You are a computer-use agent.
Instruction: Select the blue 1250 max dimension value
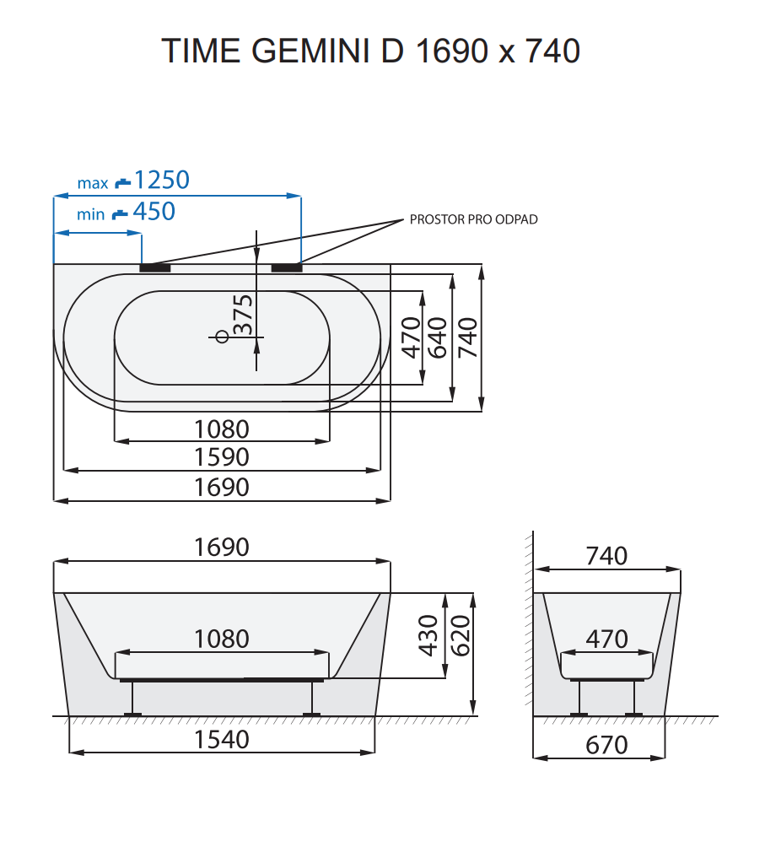tap(162, 180)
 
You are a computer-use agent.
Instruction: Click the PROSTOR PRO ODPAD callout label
tap(473, 219)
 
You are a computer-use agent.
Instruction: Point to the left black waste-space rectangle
tap(155, 268)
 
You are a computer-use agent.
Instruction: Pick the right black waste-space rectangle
tap(287, 268)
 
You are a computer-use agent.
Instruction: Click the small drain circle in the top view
tap(222, 337)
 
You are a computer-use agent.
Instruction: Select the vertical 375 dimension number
tap(243, 315)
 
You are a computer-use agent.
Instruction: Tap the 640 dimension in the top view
tap(438, 337)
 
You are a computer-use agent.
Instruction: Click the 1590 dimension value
tap(222, 457)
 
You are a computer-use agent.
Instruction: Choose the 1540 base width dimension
tap(222, 740)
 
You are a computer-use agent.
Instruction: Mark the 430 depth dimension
tap(429, 635)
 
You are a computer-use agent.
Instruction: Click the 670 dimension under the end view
tap(606, 745)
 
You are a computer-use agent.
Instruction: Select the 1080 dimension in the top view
tap(222, 429)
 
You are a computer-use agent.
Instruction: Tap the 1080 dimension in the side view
tap(222, 639)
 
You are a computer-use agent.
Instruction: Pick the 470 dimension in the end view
tap(606, 639)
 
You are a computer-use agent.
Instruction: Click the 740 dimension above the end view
tap(606, 556)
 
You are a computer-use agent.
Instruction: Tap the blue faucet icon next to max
tap(123, 181)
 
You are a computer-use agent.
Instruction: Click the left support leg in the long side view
tap(132, 699)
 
